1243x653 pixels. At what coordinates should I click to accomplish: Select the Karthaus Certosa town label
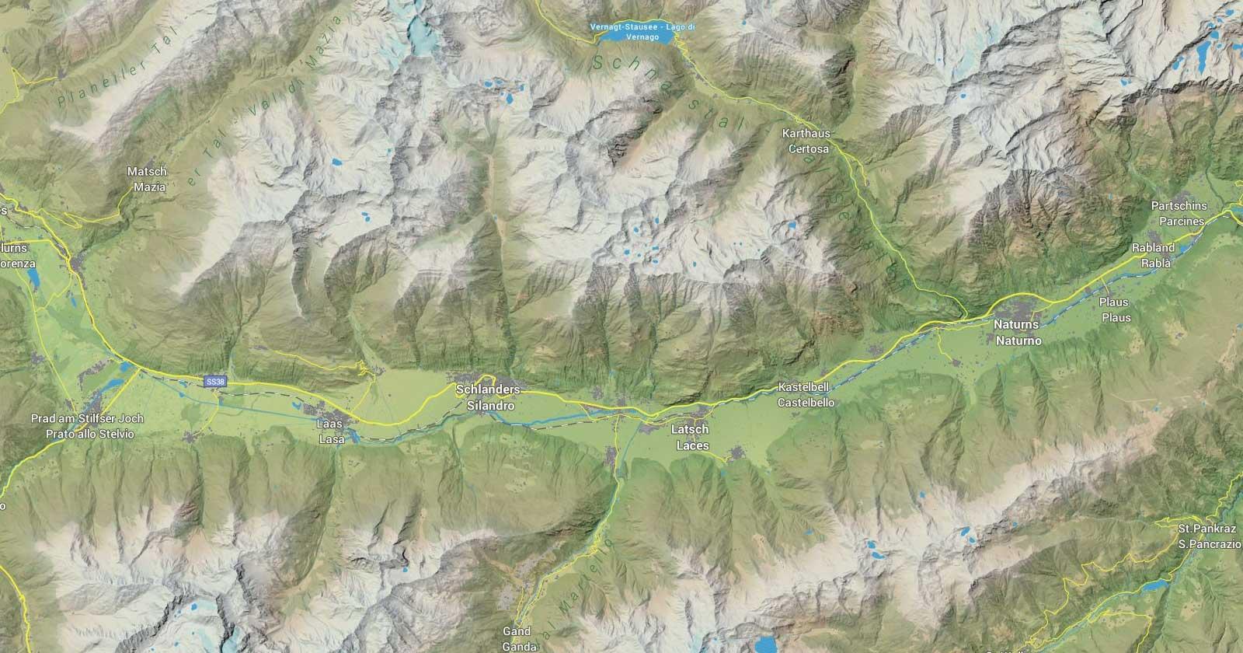[x=808, y=141]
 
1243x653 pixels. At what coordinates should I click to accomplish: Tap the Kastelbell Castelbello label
[x=806, y=396]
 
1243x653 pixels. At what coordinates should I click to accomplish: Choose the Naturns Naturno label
[x=1017, y=331]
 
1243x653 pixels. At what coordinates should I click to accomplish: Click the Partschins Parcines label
[x=1181, y=214]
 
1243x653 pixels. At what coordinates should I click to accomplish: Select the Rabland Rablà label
[x=1155, y=256]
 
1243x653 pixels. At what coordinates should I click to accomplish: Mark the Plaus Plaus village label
[x=1116, y=309]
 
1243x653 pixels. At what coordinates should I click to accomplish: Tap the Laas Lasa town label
[x=329, y=431]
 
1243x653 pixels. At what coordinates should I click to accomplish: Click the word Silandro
[x=490, y=406]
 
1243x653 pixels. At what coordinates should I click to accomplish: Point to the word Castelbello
[x=806, y=403]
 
